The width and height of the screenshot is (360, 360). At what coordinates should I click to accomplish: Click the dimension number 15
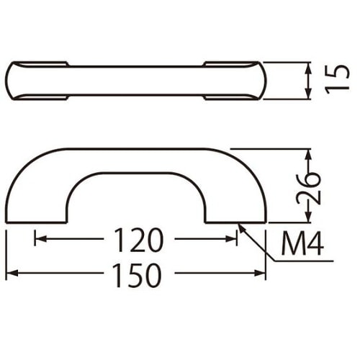click(337, 78)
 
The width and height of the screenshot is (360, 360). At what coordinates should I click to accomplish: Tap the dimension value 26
click(308, 189)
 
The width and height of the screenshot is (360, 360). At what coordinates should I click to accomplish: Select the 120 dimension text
click(139, 239)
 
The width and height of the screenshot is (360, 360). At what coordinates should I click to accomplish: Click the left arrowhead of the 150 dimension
click(12, 273)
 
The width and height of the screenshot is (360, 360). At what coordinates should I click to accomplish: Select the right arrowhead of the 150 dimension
click(260, 273)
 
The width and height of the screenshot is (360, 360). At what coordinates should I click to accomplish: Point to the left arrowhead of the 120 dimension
click(40, 239)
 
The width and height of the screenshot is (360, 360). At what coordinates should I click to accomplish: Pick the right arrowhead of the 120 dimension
click(231, 239)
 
